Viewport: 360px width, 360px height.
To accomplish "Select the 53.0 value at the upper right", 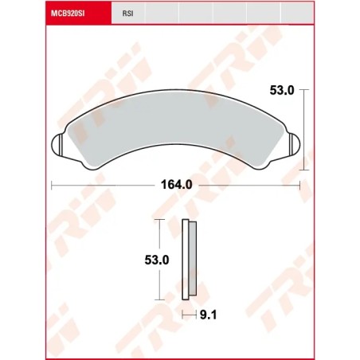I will tap(281, 91).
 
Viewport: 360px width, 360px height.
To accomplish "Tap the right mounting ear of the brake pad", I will tap(294, 145).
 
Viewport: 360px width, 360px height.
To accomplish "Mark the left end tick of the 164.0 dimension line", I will tap(52, 185).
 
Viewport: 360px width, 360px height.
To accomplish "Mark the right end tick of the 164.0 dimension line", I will tap(300, 185).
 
